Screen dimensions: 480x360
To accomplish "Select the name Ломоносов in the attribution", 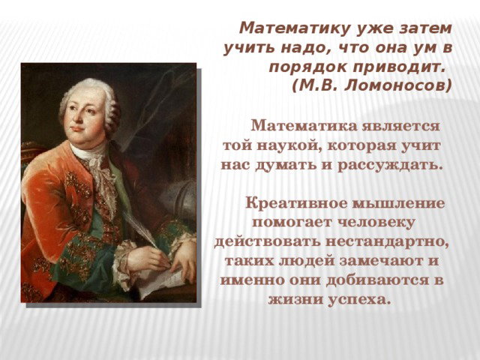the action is (x=397, y=86).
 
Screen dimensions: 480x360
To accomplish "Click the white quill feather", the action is (x=142, y=229).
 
